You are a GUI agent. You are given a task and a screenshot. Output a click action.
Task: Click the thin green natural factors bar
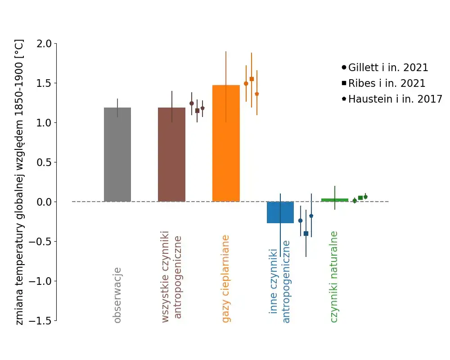[x=335, y=200]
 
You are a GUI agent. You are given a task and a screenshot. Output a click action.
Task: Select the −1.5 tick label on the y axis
[x=40, y=321]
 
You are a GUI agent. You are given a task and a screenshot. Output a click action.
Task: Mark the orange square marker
[x=252, y=79]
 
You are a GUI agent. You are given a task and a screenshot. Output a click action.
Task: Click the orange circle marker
[x=246, y=83]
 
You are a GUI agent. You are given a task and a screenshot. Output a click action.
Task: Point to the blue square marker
[x=306, y=234]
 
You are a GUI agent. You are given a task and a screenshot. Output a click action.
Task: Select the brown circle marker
[x=192, y=103]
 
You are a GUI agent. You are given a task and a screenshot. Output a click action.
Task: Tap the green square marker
[x=360, y=198]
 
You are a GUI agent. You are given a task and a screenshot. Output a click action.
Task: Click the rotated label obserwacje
[x=117, y=295]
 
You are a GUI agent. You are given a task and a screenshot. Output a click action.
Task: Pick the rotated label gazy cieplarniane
[x=226, y=279]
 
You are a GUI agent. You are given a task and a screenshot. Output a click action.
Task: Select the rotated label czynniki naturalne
[x=334, y=277]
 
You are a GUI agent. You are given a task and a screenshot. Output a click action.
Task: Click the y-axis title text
[x=20, y=182]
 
